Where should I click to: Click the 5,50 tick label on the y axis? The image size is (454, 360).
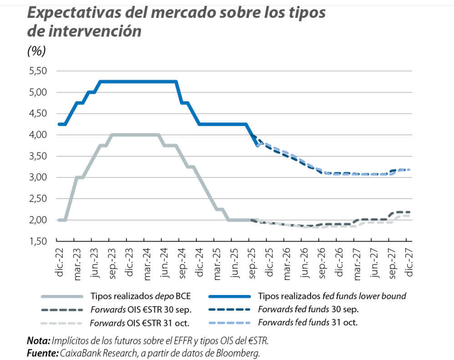point(38,71)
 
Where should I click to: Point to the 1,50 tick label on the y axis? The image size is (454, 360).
point(38,241)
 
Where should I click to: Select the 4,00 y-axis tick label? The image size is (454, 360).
point(38,135)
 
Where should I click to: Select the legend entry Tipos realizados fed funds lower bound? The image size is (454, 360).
point(332,296)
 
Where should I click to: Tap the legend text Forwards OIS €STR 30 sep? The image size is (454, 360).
point(141,309)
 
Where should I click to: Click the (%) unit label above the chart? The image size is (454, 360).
point(37,51)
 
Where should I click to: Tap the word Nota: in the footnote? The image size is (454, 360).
point(38,340)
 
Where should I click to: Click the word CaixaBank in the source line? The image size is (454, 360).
point(79,353)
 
